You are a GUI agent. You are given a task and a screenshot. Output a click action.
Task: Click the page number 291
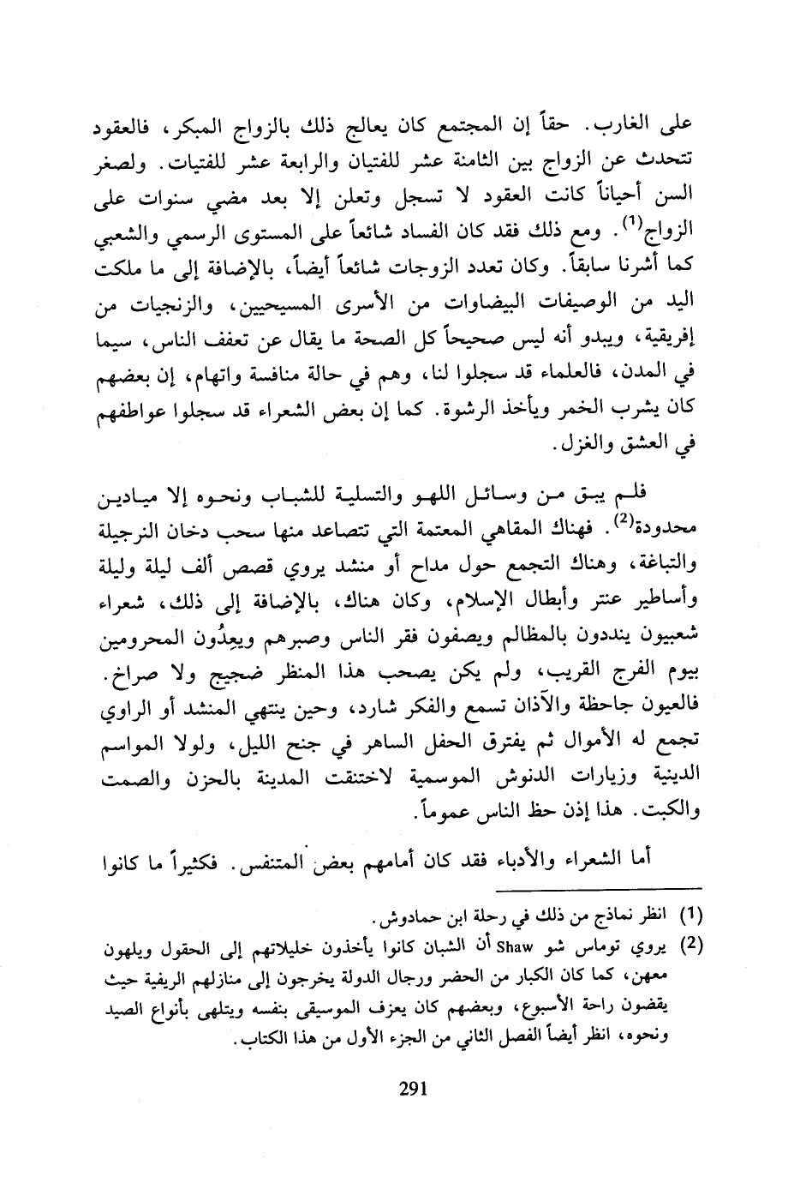pyautogui.click(x=413, y=1090)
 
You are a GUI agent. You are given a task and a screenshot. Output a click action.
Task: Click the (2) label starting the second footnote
pyautogui.click(x=690, y=949)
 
